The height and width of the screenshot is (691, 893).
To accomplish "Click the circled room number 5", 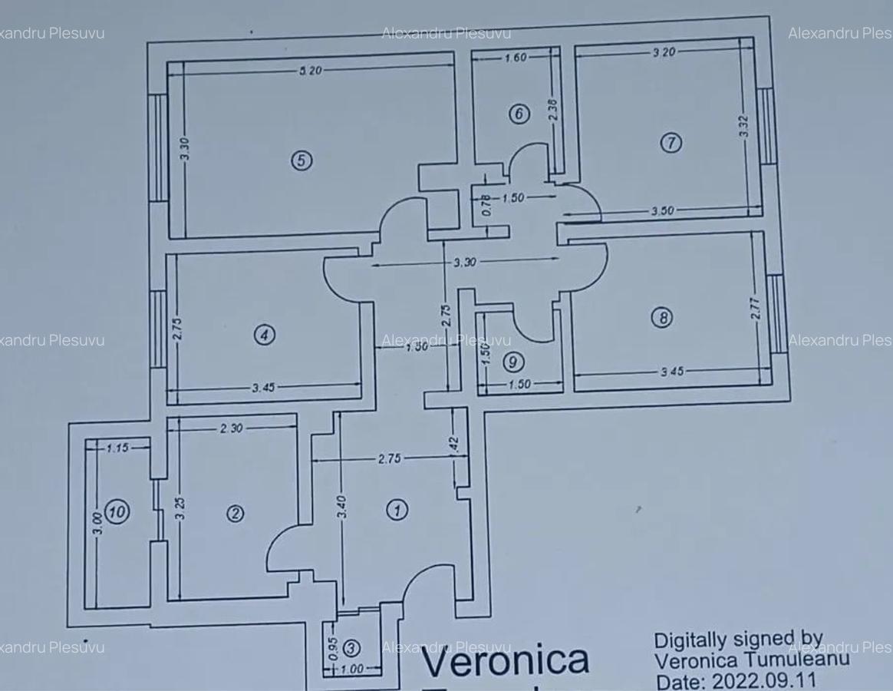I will pyautogui.click(x=302, y=160).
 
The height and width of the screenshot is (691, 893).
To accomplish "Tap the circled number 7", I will pyautogui.click(x=671, y=143).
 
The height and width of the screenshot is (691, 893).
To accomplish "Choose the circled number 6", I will pyautogui.click(x=519, y=114).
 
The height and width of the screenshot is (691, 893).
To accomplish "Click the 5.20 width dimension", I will pyautogui.click(x=311, y=71).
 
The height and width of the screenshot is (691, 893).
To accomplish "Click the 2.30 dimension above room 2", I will pyautogui.click(x=230, y=428).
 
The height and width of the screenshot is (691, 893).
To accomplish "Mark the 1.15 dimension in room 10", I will pyautogui.click(x=117, y=448).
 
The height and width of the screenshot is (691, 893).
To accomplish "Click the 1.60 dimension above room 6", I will pyautogui.click(x=516, y=58).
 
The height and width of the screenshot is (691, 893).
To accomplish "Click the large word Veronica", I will pyautogui.click(x=506, y=660).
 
